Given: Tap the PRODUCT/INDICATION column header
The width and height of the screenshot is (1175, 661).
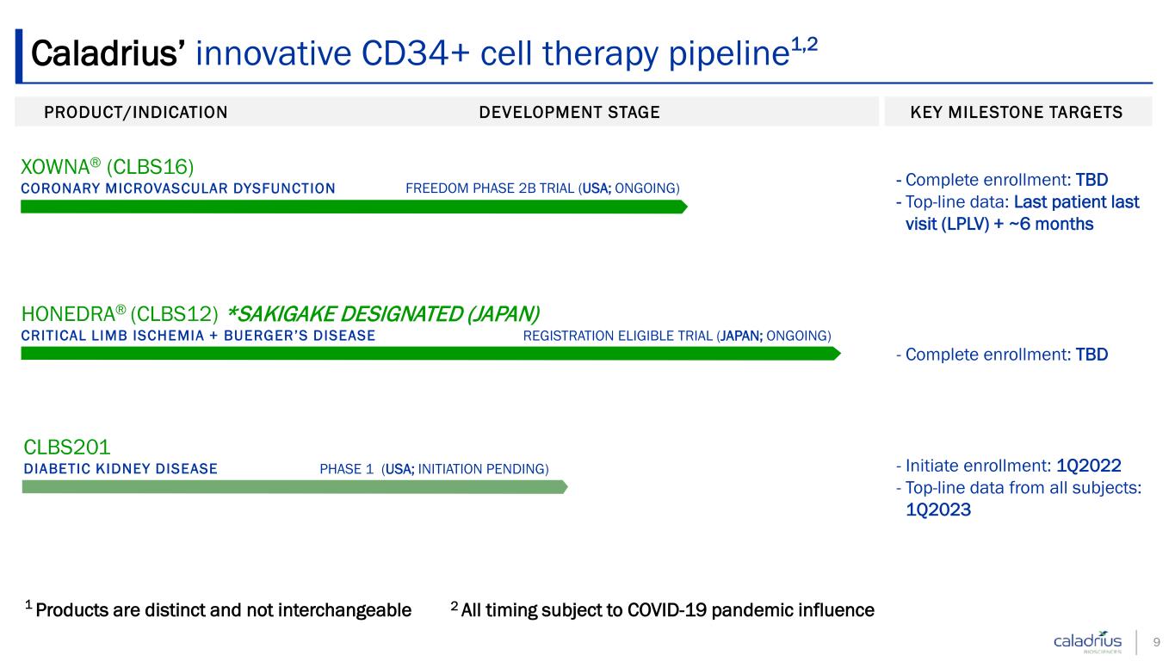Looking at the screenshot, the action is point(136,112).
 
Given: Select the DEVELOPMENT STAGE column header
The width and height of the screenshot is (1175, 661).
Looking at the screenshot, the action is point(569,112).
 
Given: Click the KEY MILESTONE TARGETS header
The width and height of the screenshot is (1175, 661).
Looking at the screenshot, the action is point(1016,112).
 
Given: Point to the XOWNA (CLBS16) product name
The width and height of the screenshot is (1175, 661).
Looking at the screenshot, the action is point(107,167).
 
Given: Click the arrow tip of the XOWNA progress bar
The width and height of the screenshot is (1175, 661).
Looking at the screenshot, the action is point(687,207).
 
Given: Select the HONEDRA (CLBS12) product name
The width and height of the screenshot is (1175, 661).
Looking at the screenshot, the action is point(119,313).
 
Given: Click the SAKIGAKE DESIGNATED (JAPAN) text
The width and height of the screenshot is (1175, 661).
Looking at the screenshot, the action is point(383,313).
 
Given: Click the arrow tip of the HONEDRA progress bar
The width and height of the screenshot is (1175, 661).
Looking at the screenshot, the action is point(840,354).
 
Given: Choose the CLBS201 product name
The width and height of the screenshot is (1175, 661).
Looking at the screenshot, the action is point(67,448).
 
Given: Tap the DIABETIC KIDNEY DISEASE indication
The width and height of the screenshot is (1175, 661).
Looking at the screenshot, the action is point(121,468).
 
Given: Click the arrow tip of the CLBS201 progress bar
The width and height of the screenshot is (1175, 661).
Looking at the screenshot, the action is point(567,487).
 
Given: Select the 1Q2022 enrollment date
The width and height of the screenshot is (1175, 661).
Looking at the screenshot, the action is point(1088,466).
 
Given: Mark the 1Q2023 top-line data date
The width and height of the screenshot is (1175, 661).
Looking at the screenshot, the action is point(938,510).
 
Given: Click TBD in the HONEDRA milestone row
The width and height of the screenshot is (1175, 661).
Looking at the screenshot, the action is point(1092,355).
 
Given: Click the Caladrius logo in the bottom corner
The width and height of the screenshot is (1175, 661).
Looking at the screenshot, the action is point(1088,641).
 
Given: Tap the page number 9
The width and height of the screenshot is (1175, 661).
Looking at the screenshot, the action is point(1156,642).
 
